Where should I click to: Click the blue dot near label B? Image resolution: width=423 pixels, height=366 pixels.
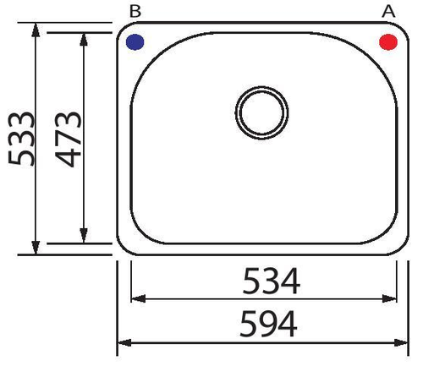point(135,42)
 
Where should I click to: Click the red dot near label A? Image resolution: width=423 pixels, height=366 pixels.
point(388,42)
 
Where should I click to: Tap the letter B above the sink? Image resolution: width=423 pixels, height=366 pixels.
point(135,12)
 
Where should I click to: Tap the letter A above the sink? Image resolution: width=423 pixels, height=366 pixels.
point(388,12)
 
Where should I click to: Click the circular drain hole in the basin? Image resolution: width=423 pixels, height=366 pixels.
point(261,112)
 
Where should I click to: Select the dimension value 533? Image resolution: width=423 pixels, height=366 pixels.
point(21,139)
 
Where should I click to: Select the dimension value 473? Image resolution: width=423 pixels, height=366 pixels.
point(69,139)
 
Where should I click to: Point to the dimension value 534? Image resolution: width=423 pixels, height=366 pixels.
point(272,281)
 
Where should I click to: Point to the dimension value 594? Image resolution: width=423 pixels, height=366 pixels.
point(268,324)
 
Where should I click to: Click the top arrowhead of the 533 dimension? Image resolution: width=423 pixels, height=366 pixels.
point(36,30)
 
